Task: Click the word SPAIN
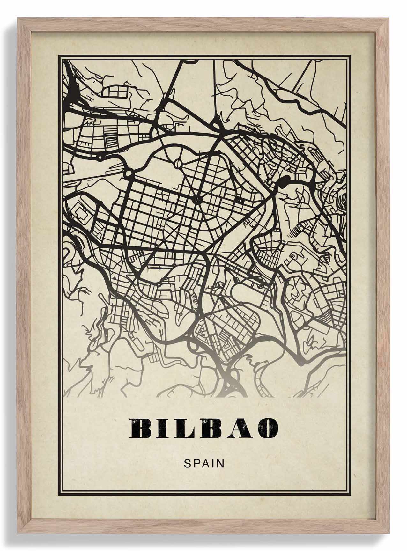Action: click(204, 463)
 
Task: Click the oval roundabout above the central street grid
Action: click(178, 164)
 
